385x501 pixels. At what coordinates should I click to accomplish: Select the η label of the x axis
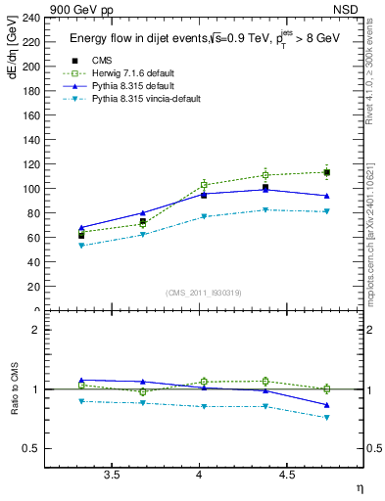click(358, 487)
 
